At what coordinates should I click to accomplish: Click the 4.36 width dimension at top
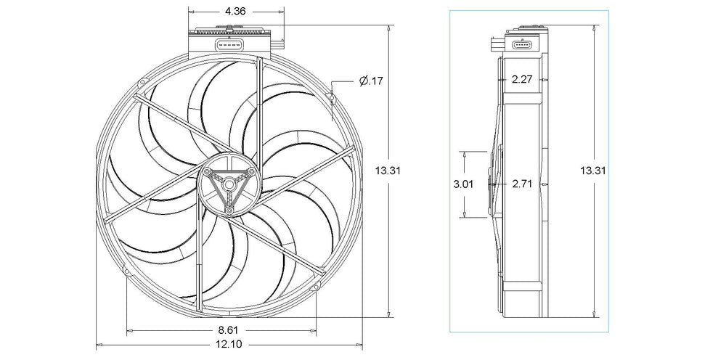coord(235,12)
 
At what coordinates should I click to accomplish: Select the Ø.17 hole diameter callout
coord(371,81)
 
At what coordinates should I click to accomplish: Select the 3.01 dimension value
coord(463,184)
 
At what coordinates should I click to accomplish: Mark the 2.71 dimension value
coord(521,184)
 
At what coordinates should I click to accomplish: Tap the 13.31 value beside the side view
coord(593,171)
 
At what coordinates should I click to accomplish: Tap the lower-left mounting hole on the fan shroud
coord(127,273)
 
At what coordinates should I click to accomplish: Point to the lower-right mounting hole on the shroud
coord(317,287)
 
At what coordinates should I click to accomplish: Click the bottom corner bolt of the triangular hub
coord(229,210)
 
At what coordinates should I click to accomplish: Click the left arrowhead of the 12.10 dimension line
coord(99,345)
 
